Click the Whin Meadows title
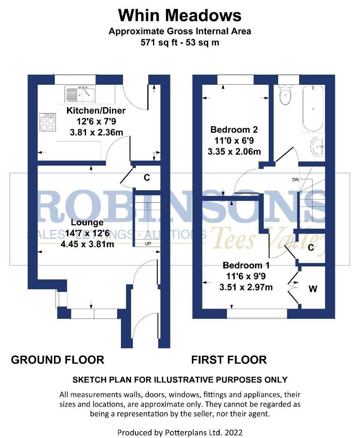(x=180, y=16)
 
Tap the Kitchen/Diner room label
(x=96, y=111)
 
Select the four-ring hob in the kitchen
(x=47, y=122)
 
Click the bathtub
(x=313, y=107)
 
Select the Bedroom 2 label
(x=234, y=130)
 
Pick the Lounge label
(x=87, y=223)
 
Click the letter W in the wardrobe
(x=313, y=289)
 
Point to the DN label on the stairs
(x=295, y=179)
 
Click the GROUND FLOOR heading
(x=58, y=360)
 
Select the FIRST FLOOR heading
(x=229, y=360)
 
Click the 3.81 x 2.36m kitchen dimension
(x=96, y=131)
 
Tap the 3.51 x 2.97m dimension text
(x=246, y=287)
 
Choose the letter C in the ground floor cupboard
(x=147, y=178)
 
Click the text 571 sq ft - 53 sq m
(x=180, y=42)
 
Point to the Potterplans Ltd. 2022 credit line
(x=180, y=432)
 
